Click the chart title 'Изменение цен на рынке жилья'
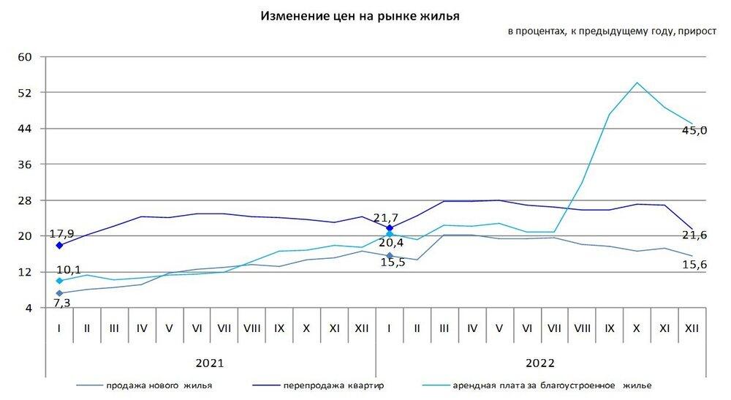360,15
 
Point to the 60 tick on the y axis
26,57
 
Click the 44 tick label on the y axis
26,129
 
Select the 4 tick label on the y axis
29,309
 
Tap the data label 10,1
69,270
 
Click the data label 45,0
695,129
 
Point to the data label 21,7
389,217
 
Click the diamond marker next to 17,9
59,245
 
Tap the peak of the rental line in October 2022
636,83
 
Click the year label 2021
210,363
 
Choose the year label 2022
540,363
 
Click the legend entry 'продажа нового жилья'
150,385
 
